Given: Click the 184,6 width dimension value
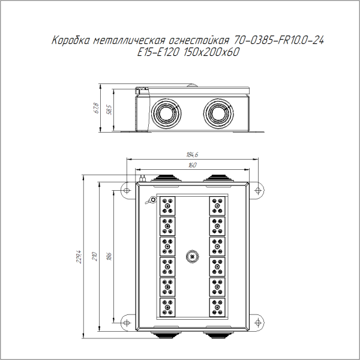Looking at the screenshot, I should (x=193, y=155).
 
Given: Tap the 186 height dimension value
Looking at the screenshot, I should (x=109, y=256).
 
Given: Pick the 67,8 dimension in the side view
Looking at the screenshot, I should (x=96, y=108).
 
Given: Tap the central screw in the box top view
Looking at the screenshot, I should (x=192, y=256).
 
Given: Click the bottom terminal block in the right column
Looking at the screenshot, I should (x=217, y=306).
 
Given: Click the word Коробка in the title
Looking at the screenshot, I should (x=71, y=41).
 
